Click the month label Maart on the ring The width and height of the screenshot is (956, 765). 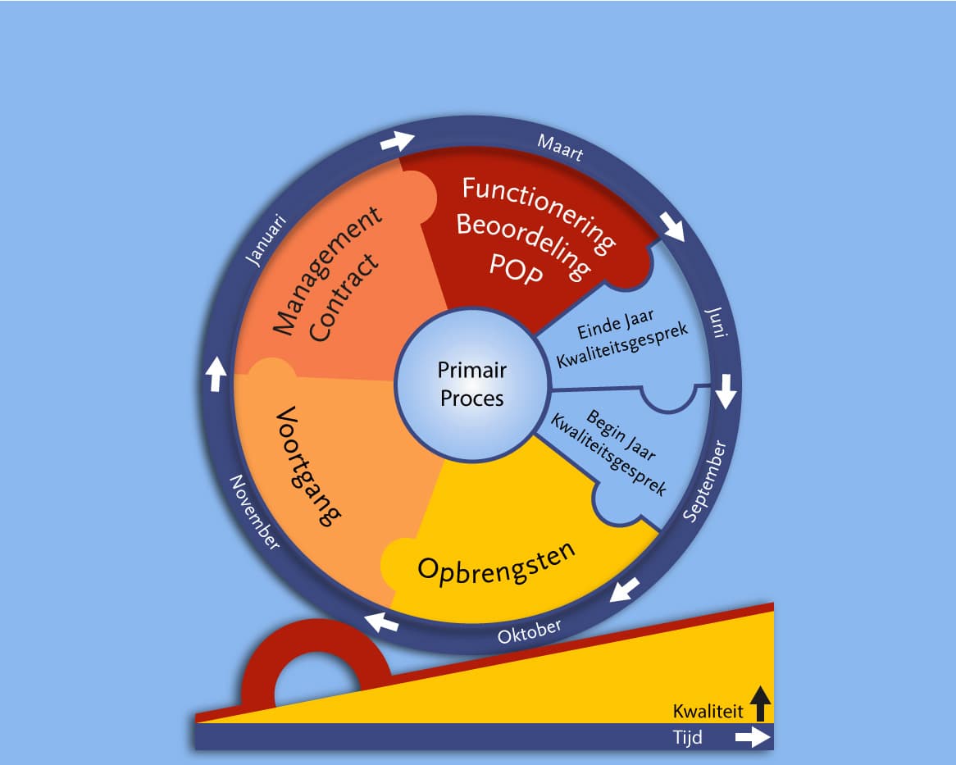point(560,148)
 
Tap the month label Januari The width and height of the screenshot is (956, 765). point(266,239)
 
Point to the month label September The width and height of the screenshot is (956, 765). point(705,481)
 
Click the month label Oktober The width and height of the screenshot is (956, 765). point(530,632)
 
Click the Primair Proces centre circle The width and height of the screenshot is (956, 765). point(472,384)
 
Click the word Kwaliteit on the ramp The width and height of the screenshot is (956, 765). point(708,710)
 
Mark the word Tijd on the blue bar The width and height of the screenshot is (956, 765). point(687,738)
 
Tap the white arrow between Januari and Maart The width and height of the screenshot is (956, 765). point(398,141)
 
